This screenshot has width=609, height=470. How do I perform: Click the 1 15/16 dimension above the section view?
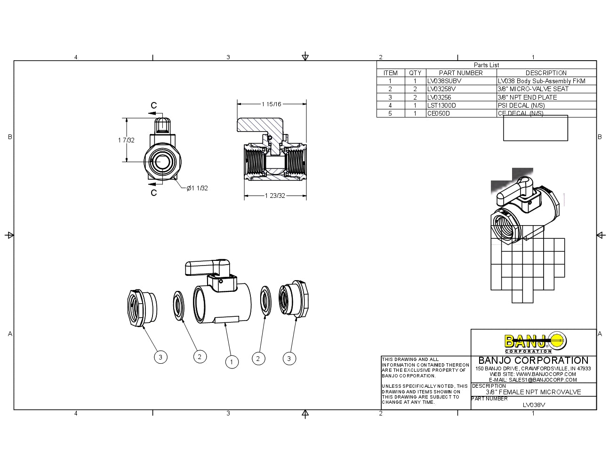[x=272, y=104]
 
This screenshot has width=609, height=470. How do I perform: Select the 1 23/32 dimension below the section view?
[x=275, y=196]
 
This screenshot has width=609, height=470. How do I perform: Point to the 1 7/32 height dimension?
[x=126, y=140]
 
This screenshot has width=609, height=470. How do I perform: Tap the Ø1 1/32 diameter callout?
[x=197, y=188]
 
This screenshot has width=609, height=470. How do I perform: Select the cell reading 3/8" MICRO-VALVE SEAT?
[x=533, y=89]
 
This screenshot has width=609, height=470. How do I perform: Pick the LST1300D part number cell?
[x=441, y=105]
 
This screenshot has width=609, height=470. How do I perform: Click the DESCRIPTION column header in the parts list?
[x=546, y=73]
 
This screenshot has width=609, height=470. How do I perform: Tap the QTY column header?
[x=415, y=73]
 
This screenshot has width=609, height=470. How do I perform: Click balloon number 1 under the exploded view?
[x=232, y=362]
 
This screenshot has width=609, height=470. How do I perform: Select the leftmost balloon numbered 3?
[x=160, y=357]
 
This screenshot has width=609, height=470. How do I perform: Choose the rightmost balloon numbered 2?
[x=258, y=359]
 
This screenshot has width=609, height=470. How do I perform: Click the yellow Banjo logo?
[x=535, y=342]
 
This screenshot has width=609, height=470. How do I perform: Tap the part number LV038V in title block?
[x=534, y=405]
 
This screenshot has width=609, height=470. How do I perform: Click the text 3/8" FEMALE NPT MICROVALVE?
[x=533, y=392]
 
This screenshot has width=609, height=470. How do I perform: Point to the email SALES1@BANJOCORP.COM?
[x=533, y=380]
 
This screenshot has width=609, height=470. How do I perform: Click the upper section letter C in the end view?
[x=153, y=106]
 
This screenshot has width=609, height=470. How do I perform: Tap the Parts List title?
[x=486, y=65]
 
